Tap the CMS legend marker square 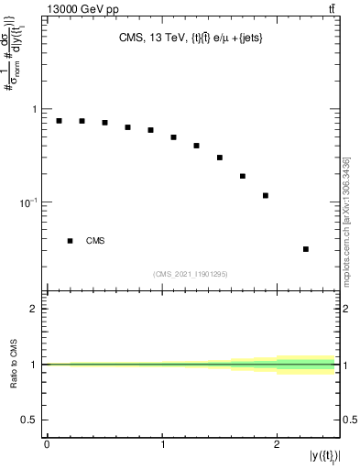pos(70,241)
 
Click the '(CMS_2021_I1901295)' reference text pos(191,274)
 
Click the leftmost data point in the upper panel pos(59,121)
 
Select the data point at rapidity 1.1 pos(173,137)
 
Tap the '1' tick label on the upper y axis pos(35,109)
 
